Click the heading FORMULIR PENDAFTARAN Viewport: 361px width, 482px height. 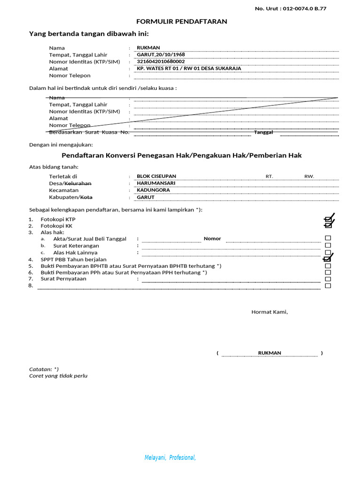point(181,22)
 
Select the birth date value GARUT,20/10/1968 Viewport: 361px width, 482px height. point(161,55)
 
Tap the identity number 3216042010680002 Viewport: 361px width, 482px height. point(161,62)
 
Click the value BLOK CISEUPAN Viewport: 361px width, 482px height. point(156,177)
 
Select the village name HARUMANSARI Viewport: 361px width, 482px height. point(156,183)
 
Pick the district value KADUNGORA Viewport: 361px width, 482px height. point(153,190)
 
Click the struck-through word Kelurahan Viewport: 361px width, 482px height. point(78,183)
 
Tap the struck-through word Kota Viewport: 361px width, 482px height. point(86,197)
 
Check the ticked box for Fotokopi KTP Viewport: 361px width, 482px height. point(328,219)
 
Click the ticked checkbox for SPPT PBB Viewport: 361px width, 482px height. point(328,259)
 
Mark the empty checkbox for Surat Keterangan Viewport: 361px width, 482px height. point(328,245)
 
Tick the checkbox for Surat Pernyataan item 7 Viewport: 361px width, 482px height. point(328,279)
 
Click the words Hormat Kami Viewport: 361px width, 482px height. point(269,312)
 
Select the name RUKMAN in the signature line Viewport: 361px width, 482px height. point(269,353)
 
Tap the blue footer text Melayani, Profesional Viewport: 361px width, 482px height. point(170,458)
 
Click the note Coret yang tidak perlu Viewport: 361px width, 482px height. point(58,376)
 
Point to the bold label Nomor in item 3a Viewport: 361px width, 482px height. point(212,239)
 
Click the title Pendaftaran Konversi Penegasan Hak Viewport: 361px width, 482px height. point(181,155)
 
